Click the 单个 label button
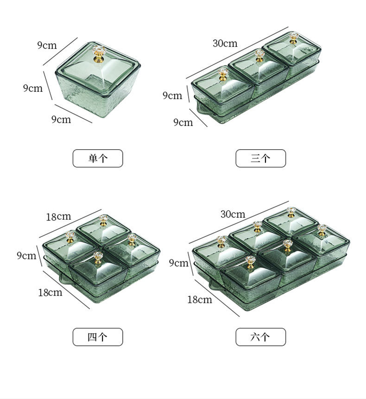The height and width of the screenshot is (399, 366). pos(98,158)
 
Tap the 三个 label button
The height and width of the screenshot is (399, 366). pos(260,158)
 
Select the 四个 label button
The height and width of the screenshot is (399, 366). pos(98,337)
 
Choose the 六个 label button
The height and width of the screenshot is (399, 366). pos(260,337)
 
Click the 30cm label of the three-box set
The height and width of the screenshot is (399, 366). pos(225,43)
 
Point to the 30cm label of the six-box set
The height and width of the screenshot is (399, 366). pos(233,214)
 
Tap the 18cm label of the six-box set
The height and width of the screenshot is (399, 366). pos(200,299)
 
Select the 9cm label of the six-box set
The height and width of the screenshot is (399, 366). pos(178,263)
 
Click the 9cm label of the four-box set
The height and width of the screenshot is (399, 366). pos(26,255)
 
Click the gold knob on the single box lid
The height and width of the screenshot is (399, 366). pos(99,54)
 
